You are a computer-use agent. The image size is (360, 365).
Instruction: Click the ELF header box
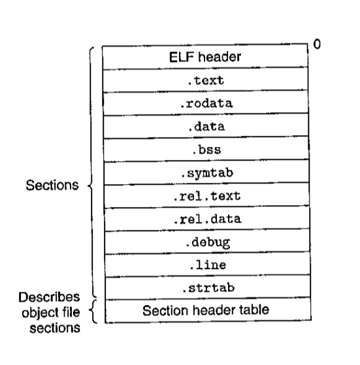(205, 57)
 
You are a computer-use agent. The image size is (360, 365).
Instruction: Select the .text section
(205, 80)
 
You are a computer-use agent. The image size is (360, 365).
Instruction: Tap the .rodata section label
(206, 104)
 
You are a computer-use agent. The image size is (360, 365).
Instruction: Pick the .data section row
(206, 127)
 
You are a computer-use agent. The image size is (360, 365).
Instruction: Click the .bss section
(206, 150)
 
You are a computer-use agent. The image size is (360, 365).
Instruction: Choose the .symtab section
(206, 173)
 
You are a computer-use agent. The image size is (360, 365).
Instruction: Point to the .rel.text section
(206, 196)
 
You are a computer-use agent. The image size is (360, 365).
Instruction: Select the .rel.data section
(207, 219)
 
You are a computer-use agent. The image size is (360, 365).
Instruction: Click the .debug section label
(208, 242)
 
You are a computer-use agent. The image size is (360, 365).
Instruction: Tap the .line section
(208, 265)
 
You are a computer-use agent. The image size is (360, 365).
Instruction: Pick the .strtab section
(208, 288)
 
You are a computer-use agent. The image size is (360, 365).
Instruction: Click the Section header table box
(208, 310)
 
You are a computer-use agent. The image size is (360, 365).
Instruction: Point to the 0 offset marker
(317, 44)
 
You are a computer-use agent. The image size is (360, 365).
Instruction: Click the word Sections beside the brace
(52, 185)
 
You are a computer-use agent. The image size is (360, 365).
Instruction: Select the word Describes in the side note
(49, 297)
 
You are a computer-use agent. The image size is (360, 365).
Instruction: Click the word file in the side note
(69, 312)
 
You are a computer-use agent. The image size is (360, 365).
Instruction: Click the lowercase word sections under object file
(55, 328)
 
